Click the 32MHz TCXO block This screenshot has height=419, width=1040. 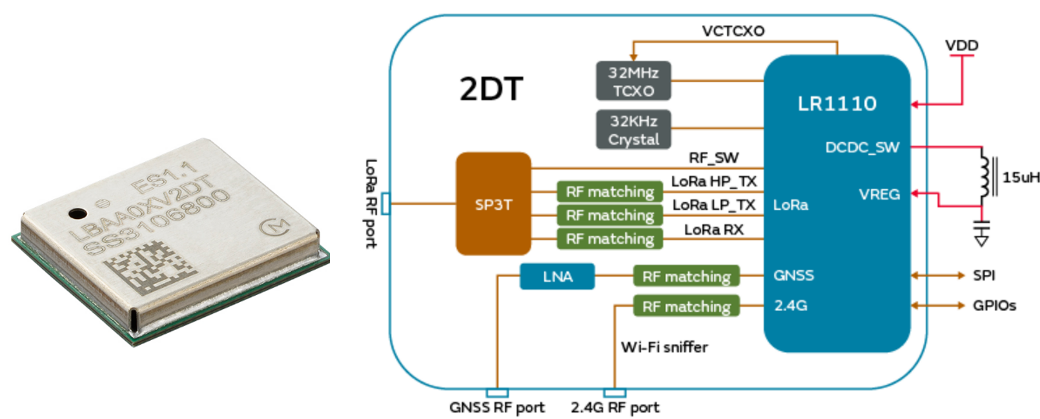pyautogui.click(x=633, y=81)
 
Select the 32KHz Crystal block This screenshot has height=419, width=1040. pyautogui.click(x=633, y=130)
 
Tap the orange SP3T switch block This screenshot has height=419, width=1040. pyautogui.click(x=493, y=205)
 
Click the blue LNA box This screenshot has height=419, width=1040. pyautogui.click(x=557, y=276)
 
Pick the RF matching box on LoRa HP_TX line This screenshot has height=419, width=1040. pyautogui.click(x=609, y=192)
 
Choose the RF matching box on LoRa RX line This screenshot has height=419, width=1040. pyautogui.click(x=609, y=239)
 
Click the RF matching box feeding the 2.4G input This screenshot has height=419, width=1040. pyautogui.click(x=686, y=306)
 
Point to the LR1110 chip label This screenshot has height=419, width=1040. pyautogui.click(x=837, y=103)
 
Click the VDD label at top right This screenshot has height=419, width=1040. pyautogui.click(x=961, y=46)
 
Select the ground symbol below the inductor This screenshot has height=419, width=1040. pyautogui.click(x=981, y=233)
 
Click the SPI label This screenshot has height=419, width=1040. pyautogui.click(x=984, y=276)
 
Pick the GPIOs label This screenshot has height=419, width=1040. pyautogui.click(x=994, y=305)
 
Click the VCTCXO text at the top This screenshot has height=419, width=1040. pyautogui.click(x=733, y=31)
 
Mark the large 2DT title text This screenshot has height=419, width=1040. pyautogui.click(x=491, y=89)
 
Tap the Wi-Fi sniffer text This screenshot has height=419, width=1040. pyautogui.click(x=664, y=347)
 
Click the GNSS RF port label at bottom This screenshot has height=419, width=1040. pyautogui.click(x=496, y=407)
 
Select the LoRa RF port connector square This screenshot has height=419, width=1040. pyautogui.click(x=385, y=204)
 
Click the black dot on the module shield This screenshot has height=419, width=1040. pyautogui.click(x=77, y=213)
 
